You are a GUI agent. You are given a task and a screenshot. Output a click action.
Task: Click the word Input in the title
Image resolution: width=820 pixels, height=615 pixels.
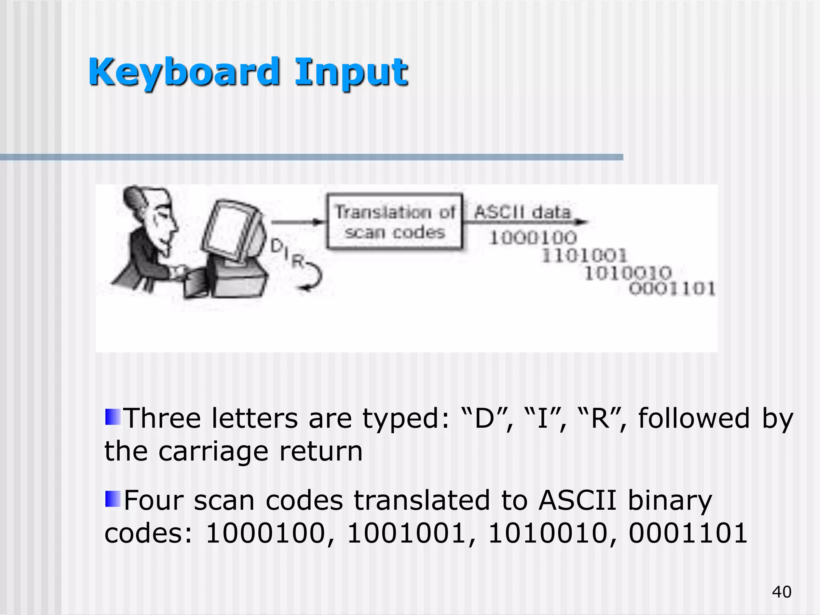[x=351, y=73]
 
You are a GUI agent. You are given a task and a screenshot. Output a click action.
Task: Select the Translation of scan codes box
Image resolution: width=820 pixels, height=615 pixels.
[x=395, y=222]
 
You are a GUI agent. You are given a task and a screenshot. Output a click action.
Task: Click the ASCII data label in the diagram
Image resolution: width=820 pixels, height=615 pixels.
[x=522, y=212]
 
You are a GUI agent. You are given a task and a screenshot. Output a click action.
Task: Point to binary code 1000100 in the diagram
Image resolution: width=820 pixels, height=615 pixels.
[x=533, y=238]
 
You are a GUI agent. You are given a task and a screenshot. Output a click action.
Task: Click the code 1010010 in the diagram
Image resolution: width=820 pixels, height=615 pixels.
[x=628, y=273]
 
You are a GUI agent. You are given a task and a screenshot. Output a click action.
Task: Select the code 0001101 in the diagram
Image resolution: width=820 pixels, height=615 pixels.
[x=672, y=288]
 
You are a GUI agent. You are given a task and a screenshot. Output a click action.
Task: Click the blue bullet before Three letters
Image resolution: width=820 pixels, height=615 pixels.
[x=113, y=417]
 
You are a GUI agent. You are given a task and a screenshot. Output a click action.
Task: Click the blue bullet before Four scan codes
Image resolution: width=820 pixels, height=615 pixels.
[x=113, y=499]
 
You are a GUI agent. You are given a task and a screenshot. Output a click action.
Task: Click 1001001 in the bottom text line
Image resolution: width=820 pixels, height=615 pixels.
[x=407, y=534]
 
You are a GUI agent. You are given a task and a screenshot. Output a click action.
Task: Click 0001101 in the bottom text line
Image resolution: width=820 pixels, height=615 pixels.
[x=687, y=534]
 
